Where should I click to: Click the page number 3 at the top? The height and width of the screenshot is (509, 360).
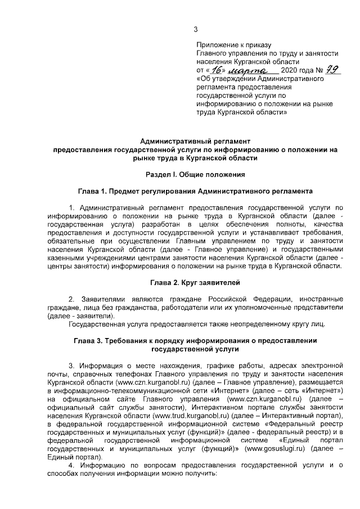click(196, 30)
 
